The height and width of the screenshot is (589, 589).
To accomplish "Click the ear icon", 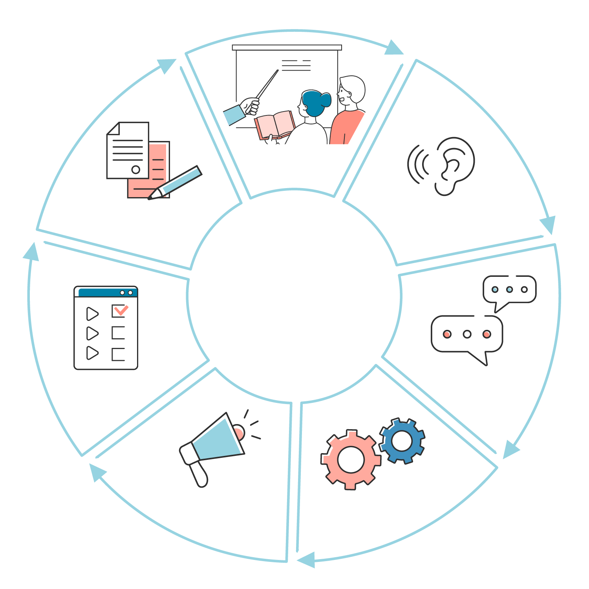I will pyautogui.click(x=455, y=165).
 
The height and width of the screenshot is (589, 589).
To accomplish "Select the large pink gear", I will pyautogui.click(x=351, y=459).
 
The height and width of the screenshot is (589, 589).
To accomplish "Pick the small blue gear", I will pyautogui.click(x=402, y=441).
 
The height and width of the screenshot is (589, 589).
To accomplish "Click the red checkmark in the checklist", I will pyautogui.click(x=120, y=310).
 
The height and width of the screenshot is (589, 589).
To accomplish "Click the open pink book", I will pyautogui.click(x=275, y=124).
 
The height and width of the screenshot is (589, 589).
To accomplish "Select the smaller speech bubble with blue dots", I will pyautogui.click(x=509, y=290).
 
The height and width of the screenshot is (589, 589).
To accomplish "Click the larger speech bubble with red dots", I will pyautogui.click(x=467, y=334).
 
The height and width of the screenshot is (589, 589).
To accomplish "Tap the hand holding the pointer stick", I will pyautogui.click(x=251, y=106).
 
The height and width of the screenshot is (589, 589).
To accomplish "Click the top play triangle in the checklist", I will pyautogui.click(x=92, y=314).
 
